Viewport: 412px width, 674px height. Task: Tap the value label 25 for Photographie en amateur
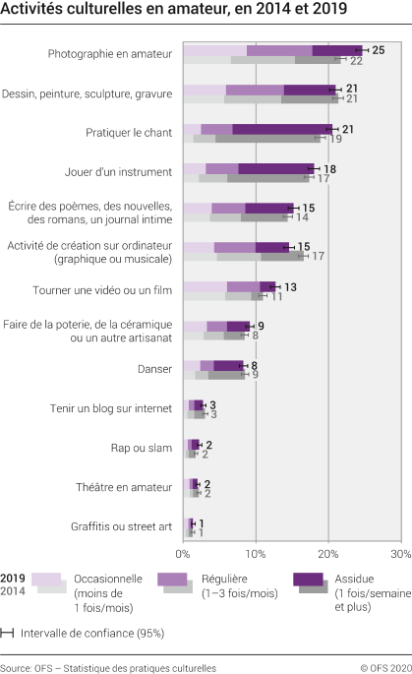click(x=378, y=49)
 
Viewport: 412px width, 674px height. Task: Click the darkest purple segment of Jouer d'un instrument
click(x=275, y=168)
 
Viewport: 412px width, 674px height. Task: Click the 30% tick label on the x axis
click(x=399, y=552)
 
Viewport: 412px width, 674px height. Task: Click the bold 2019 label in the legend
click(x=13, y=579)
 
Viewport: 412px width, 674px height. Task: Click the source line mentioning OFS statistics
click(x=108, y=666)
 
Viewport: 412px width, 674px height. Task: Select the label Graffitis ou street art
click(x=117, y=525)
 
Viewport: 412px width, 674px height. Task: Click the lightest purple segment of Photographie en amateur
click(x=214, y=50)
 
